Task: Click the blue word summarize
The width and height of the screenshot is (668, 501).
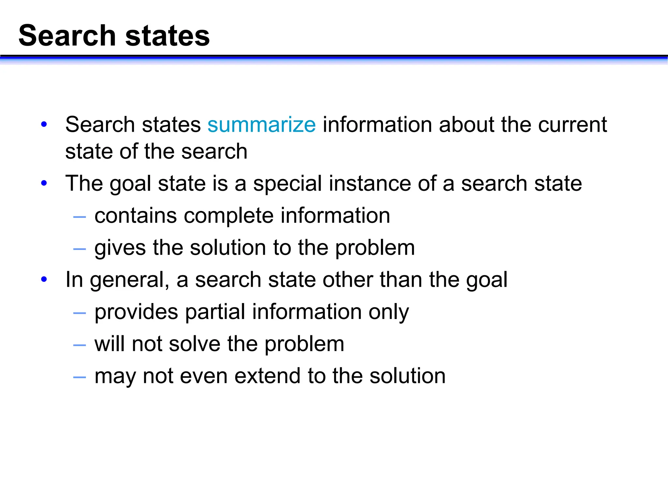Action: (262, 125)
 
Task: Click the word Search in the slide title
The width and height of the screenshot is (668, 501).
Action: (67, 36)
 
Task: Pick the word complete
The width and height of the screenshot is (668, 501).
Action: (229, 216)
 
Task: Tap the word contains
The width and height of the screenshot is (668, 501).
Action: (136, 216)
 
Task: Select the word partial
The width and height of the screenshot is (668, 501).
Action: (215, 312)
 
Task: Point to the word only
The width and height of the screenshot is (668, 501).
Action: (388, 312)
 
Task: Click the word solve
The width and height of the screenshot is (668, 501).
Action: (195, 344)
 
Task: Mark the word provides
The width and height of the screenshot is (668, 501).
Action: (136, 312)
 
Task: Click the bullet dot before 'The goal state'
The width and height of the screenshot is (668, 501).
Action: (44, 183)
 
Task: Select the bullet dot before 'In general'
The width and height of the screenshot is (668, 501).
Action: (44, 280)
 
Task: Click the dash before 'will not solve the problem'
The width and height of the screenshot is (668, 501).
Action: (80, 345)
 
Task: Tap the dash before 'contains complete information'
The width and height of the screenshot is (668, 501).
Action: (80, 217)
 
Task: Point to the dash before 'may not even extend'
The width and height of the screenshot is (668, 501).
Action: (80, 377)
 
